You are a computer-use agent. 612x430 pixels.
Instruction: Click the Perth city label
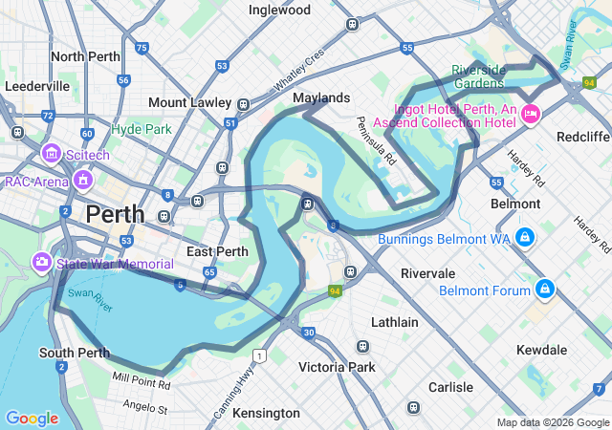[x=115, y=214]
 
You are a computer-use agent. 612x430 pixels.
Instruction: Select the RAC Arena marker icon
[x=83, y=179]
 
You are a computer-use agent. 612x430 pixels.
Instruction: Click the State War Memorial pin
[x=42, y=261]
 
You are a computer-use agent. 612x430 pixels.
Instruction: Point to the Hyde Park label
[x=141, y=129]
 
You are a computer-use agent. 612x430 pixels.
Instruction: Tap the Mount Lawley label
[x=189, y=103]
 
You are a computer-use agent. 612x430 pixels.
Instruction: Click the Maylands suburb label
[x=321, y=97]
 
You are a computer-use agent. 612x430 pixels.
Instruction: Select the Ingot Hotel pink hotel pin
[x=531, y=115]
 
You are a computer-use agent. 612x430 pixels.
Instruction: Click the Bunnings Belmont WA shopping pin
[x=524, y=236]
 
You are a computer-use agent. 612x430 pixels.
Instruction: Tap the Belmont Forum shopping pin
[x=544, y=288]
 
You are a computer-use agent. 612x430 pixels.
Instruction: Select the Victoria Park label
[x=337, y=367]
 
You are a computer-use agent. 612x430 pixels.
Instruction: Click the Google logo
[x=32, y=419]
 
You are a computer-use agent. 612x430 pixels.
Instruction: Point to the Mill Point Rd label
[x=141, y=383]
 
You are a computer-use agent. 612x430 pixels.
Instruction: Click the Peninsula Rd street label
[x=374, y=141]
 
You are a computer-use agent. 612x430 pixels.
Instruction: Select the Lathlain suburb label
[x=394, y=322]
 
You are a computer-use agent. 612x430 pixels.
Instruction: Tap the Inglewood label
[x=279, y=10]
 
